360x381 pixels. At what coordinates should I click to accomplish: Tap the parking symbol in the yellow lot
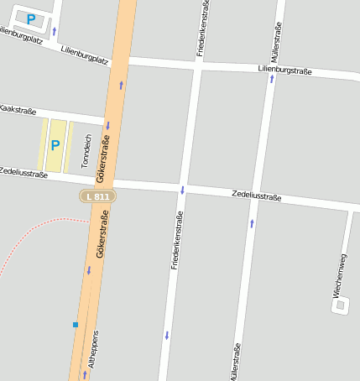coord(55,145)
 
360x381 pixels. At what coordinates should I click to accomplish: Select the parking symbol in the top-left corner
coord(31,18)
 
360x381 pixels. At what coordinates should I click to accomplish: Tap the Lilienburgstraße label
coord(284,71)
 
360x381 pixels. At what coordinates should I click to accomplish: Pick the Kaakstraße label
coord(17,110)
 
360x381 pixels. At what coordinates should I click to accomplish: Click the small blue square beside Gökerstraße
coord(76,324)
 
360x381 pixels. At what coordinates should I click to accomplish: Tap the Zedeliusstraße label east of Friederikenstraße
coord(256,196)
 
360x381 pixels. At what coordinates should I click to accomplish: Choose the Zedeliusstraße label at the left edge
coord(23,172)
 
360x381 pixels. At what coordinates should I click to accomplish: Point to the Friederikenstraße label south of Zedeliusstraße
coord(176,241)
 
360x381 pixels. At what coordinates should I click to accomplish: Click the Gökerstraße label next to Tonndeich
coord(103,159)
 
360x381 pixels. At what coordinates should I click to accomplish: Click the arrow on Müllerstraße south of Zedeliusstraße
coord(252,223)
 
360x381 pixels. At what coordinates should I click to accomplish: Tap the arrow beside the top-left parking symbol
coord(55,32)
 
